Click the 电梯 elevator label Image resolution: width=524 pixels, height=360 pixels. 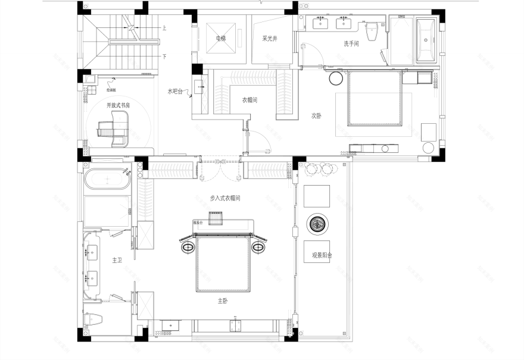click(221, 39)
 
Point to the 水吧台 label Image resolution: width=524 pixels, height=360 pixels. click(176, 92)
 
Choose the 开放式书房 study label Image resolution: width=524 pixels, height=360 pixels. click(118, 105)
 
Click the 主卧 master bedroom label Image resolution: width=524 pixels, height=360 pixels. click(222, 301)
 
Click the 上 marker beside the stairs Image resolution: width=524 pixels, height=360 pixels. click(164, 28)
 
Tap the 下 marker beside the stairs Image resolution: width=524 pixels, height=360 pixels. click(164, 57)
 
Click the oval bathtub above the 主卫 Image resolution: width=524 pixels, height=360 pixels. click(108, 179)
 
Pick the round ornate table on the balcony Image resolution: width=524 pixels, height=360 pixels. click(316, 224)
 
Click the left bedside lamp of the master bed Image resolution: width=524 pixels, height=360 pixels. click(187, 246)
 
